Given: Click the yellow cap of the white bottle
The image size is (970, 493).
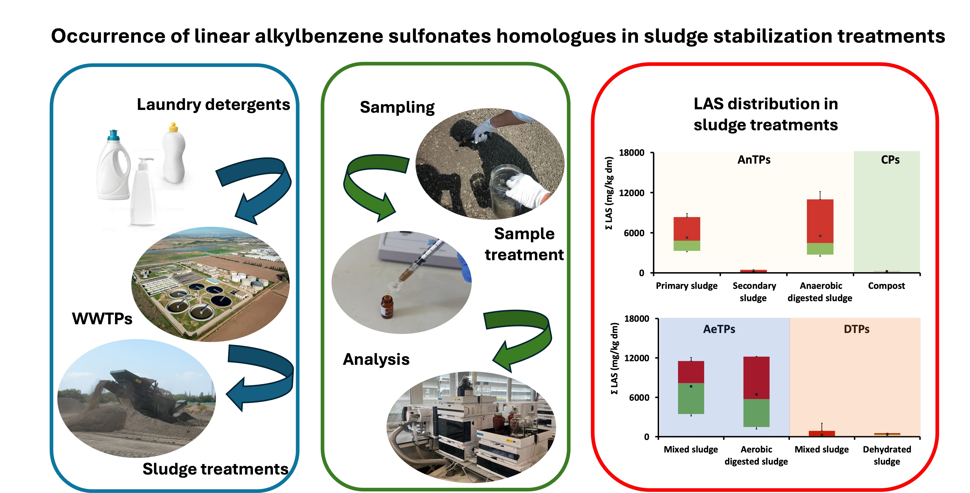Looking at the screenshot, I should coord(173,127).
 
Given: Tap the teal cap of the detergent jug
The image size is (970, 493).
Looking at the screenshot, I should coord(113,135).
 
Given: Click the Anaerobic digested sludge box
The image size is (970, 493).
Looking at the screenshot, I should coord(820,226).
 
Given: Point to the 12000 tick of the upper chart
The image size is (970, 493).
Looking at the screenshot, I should coord(632,193).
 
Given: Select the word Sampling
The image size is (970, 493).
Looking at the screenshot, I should coord(397,107).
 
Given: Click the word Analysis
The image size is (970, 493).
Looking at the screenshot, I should coord(376,359).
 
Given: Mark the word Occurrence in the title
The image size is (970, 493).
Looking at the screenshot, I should coord(108,37).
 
